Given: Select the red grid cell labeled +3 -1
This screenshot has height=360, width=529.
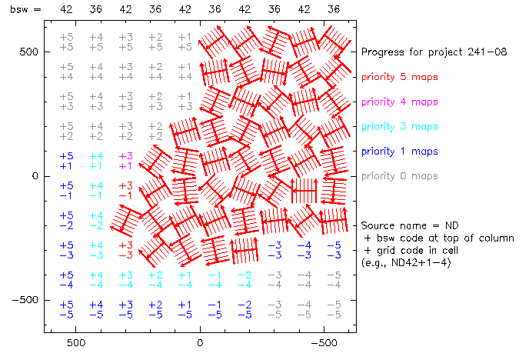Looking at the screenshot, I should (x=125, y=191).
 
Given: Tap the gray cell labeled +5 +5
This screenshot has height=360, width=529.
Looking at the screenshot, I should (x=67, y=42).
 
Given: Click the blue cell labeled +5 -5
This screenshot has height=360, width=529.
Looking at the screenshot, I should (x=67, y=309).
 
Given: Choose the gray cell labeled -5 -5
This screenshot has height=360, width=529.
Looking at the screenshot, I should (x=333, y=309).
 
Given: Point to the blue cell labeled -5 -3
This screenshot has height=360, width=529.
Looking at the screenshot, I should (x=333, y=250).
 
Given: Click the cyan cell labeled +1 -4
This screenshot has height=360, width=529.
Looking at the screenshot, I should (x=185, y=279).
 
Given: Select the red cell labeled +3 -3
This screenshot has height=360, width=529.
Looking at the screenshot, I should (x=125, y=250).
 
